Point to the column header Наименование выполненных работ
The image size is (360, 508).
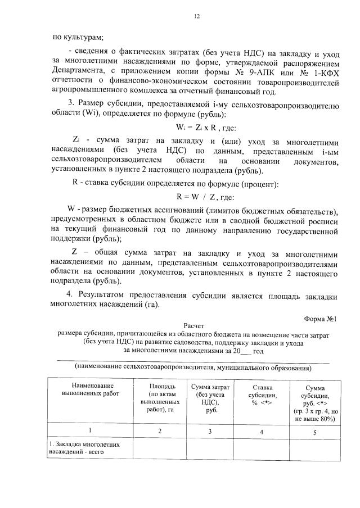pos(88,390)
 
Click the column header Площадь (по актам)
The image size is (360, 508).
pos(159,398)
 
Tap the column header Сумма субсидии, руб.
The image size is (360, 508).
pos(314,400)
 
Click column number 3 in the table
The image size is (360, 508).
pos(210,432)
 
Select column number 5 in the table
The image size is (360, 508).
pos(314,432)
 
